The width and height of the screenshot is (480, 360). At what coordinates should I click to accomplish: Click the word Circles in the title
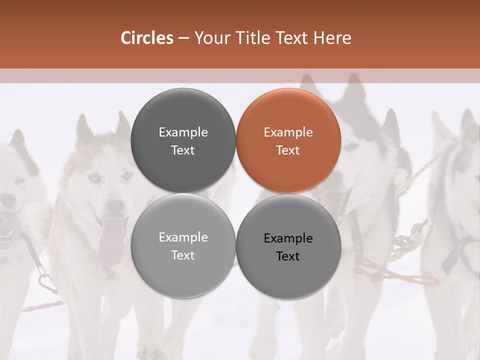click(146, 38)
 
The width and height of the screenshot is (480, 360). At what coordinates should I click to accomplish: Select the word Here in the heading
click(332, 38)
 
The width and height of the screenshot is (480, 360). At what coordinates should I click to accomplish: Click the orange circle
click(288, 140)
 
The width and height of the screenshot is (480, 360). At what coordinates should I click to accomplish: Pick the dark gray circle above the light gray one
click(183, 140)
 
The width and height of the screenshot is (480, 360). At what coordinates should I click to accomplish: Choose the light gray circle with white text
click(183, 245)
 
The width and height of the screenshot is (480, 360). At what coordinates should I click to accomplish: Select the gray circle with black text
click(288, 245)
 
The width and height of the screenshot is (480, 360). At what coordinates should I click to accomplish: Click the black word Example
click(288, 238)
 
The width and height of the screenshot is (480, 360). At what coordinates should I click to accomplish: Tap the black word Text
click(288, 256)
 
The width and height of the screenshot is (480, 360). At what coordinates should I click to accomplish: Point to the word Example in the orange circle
click(288, 132)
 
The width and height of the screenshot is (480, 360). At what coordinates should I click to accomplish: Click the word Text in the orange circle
click(288, 150)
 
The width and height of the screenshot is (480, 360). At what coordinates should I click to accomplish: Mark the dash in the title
click(183, 38)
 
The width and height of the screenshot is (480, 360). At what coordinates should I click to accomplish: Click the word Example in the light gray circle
click(183, 237)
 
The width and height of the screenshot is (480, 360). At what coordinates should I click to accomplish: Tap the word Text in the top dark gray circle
click(183, 150)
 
